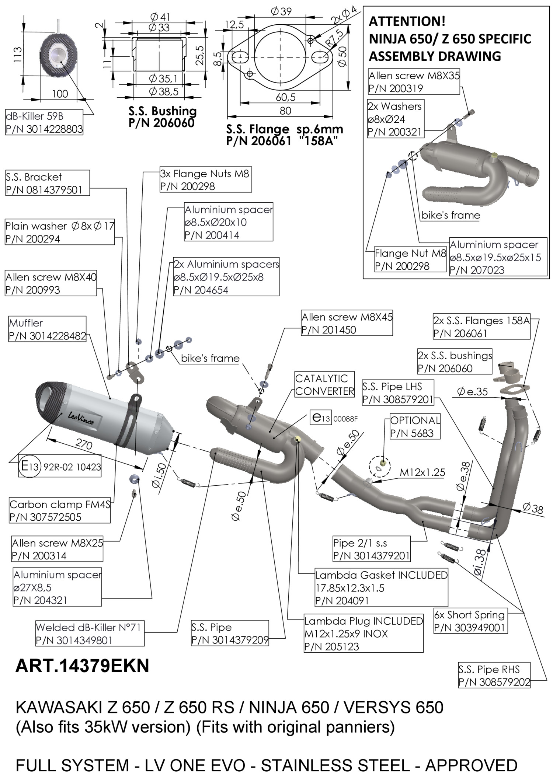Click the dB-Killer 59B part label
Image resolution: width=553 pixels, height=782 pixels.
pos(44,122)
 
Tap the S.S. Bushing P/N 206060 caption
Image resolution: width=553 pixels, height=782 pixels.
pos(162,116)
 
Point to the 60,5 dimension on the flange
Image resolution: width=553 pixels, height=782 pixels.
pos(285,97)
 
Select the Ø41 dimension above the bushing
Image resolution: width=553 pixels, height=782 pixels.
pos(160,17)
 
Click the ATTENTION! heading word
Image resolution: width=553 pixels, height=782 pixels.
pos(407,22)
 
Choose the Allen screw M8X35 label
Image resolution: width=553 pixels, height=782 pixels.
pos(414,82)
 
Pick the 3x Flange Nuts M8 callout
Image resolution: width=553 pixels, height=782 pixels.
pos(205,180)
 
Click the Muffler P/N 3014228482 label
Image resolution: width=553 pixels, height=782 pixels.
pos(47,329)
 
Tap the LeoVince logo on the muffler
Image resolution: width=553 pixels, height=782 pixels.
pos(81,418)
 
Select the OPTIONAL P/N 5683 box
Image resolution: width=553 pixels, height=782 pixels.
pos(415,427)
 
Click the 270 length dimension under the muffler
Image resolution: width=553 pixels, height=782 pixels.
pos(84,444)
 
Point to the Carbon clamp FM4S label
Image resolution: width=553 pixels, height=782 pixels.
pos(60,510)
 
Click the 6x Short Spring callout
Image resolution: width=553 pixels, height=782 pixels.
pos(470,621)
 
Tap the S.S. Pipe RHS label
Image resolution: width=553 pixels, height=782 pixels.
pos(494,675)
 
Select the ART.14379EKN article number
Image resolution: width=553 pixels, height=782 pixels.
pos(82,666)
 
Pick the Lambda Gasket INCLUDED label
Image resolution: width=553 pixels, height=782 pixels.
pos(381,587)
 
